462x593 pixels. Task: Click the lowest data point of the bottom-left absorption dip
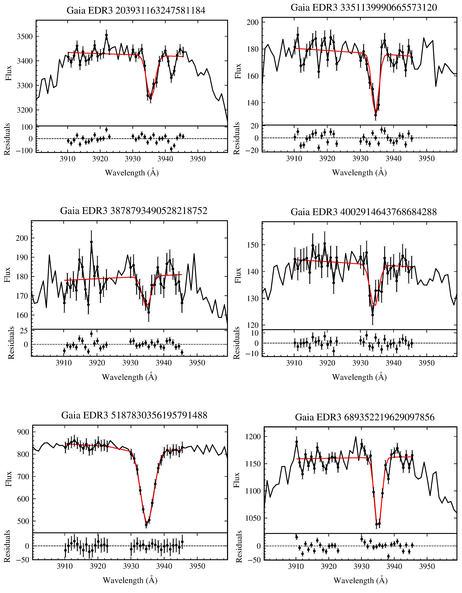146,525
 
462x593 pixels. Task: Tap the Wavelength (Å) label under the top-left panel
132,173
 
